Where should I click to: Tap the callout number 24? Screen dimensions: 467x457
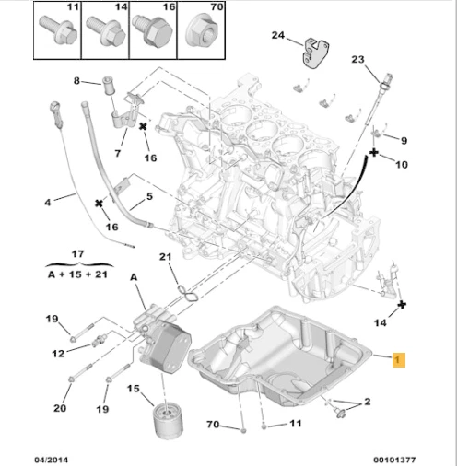(x=278, y=35)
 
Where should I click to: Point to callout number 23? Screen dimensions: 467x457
(x=358, y=60)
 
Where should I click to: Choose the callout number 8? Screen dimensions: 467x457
(x=77, y=81)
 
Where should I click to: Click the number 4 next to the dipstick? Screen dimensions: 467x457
(x=48, y=201)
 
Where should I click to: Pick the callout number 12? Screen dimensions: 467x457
(x=58, y=353)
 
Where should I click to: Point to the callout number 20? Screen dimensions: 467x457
(x=60, y=408)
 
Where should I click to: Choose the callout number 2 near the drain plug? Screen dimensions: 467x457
(x=367, y=402)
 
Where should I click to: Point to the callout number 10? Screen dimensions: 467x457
(x=401, y=164)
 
